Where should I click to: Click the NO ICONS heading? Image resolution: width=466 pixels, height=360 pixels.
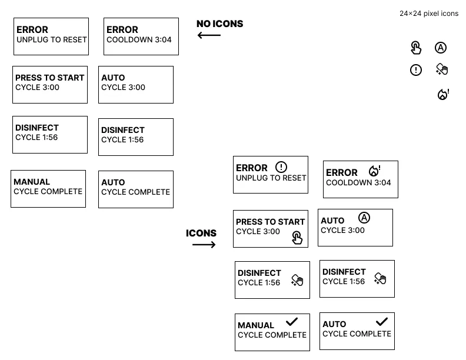click(x=220, y=24)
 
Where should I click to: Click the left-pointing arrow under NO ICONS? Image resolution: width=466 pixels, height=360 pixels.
click(x=209, y=35)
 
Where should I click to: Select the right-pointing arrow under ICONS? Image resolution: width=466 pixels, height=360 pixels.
click(x=204, y=245)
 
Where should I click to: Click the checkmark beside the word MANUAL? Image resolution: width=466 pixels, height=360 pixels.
click(x=292, y=322)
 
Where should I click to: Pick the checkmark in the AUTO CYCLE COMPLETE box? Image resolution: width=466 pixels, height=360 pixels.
click(x=382, y=321)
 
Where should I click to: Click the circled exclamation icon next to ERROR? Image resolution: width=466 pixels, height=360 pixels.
click(x=281, y=167)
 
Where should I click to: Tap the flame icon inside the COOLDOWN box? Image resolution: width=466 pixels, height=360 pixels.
click(x=374, y=171)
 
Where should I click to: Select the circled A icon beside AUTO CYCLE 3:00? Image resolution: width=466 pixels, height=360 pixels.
click(x=364, y=218)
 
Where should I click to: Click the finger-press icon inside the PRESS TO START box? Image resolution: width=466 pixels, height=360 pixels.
click(x=297, y=238)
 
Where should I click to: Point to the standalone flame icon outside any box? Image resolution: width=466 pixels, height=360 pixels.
click(x=443, y=95)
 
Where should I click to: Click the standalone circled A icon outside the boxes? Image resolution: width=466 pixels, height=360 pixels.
click(x=441, y=48)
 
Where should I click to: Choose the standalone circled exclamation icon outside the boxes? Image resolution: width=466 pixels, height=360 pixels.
click(x=416, y=70)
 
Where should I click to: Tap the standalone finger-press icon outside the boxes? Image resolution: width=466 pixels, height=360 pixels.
click(x=416, y=48)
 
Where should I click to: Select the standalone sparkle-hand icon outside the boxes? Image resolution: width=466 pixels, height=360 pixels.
click(x=442, y=69)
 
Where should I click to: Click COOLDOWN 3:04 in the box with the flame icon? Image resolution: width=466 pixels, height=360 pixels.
click(x=358, y=183)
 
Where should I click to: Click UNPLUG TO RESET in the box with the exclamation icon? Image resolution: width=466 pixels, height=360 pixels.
click(x=271, y=178)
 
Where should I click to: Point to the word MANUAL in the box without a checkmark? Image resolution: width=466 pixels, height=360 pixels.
click(x=32, y=182)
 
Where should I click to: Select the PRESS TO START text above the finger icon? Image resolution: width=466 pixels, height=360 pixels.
click(x=271, y=222)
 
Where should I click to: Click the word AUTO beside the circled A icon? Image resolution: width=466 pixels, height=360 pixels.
click(x=332, y=221)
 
